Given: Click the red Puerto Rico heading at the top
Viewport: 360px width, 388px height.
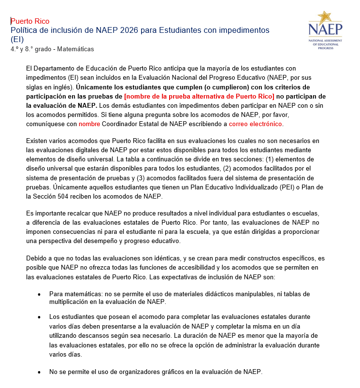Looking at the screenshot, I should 30,21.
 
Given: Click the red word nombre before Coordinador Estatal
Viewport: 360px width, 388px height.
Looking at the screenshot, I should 89,124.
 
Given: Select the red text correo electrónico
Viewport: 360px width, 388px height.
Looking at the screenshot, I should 255,124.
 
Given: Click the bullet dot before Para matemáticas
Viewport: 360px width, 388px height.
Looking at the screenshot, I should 39,294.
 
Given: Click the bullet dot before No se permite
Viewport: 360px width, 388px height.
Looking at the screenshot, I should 39,373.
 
